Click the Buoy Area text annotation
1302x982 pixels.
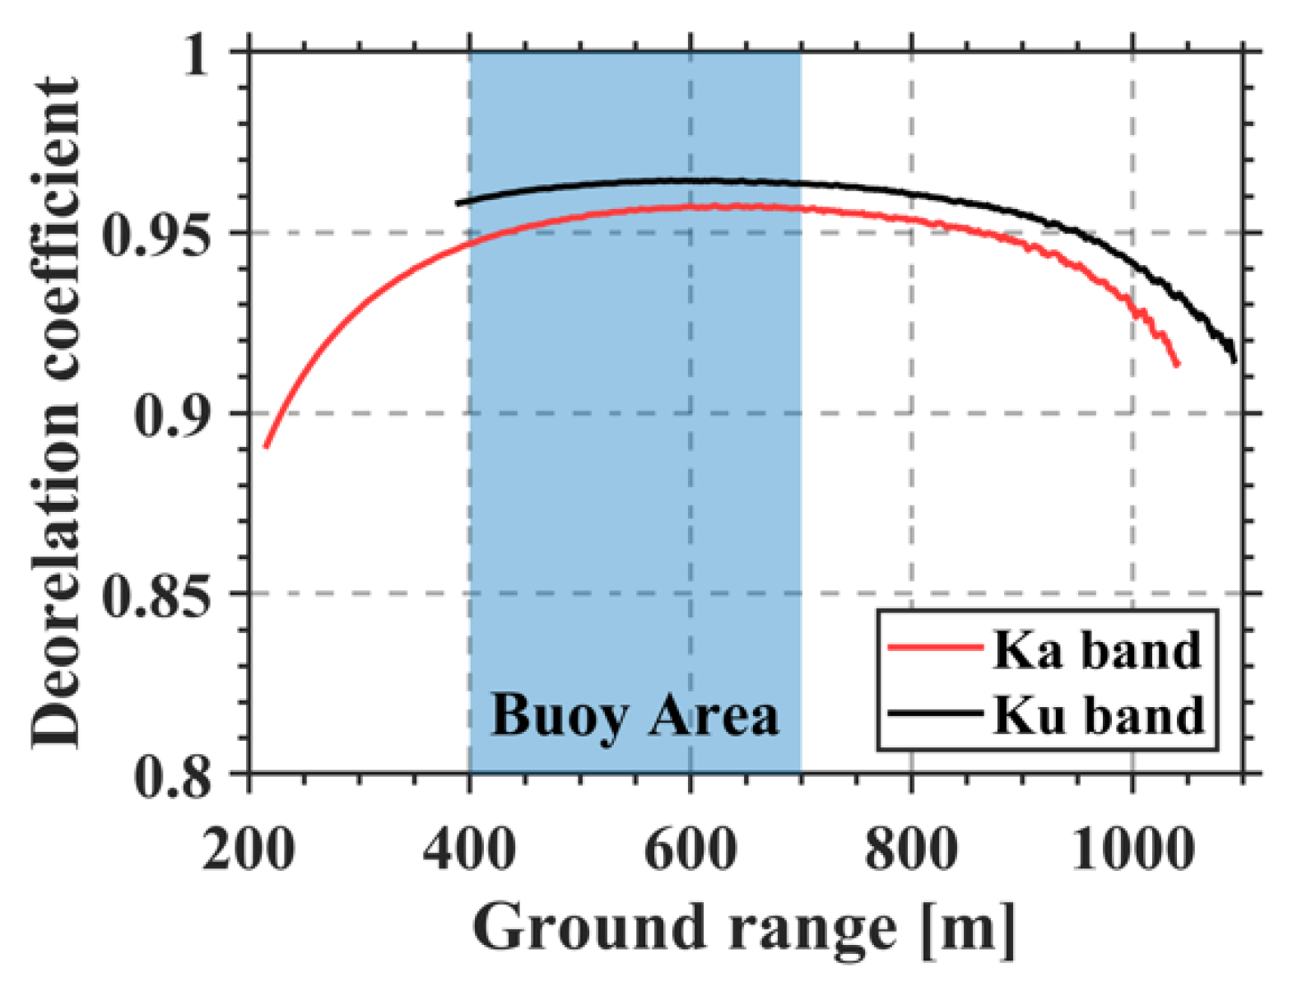pyautogui.click(x=635, y=716)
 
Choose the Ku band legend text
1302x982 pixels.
pyautogui.click(x=1098, y=714)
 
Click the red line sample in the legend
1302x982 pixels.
pyautogui.click(x=936, y=648)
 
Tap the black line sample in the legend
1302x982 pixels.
pyautogui.click(x=936, y=713)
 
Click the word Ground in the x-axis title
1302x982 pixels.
pyautogui.click(x=589, y=928)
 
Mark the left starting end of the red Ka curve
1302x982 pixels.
pyautogui.click(x=266, y=446)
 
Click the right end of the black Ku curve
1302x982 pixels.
pyautogui.click(x=1235, y=360)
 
